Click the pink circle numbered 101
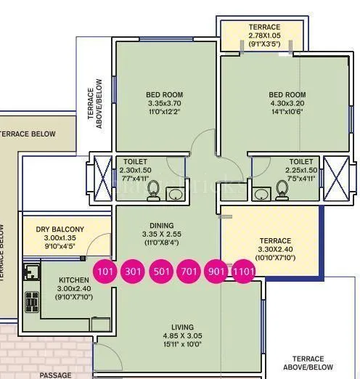(105, 272)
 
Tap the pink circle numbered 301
(133, 272)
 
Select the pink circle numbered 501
(160, 272)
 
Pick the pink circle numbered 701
(188, 272)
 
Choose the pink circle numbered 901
(216, 272)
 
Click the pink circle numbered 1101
(243, 272)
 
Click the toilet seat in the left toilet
(154, 190)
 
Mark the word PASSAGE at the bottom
(55, 375)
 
